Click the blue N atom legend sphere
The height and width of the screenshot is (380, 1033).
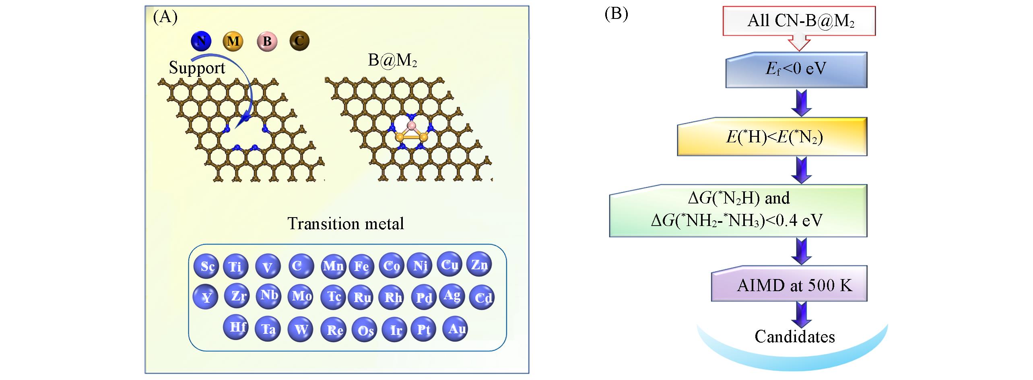click(201, 41)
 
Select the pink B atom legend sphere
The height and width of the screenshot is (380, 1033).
click(267, 41)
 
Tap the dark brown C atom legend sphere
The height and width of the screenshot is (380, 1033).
click(299, 41)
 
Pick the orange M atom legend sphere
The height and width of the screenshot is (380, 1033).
click(233, 41)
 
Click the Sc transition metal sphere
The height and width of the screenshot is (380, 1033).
click(206, 266)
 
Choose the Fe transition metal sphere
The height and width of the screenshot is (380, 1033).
click(361, 266)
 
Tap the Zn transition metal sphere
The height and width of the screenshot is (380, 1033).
click(479, 264)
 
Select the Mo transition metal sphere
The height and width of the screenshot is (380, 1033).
click(301, 297)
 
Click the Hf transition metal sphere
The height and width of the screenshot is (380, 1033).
click(236, 327)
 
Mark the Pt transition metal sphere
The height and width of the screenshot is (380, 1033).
click(423, 330)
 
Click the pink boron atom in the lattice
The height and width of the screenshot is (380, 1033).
click(411, 126)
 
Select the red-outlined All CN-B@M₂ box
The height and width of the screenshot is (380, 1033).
click(799, 21)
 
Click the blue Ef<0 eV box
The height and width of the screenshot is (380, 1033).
click(796, 70)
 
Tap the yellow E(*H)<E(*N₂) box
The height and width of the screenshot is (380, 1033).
click(772, 137)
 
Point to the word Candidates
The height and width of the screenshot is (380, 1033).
click(794, 337)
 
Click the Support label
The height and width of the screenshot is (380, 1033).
click(197, 68)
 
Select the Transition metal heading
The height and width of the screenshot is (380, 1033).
click(346, 224)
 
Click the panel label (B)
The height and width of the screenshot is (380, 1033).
click(616, 14)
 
